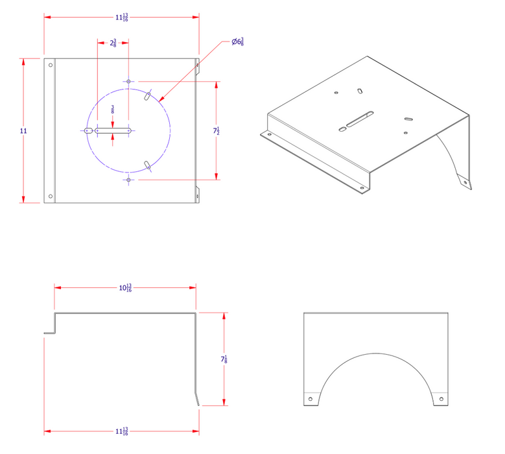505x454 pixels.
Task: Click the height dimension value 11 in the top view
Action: [x=23, y=130]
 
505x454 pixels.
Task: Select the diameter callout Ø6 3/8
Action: [x=237, y=42]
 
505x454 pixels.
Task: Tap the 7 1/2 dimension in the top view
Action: [x=216, y=130]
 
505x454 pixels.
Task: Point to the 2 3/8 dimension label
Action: [x=113, y=43]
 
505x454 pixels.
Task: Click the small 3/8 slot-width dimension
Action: [x=113, y=110]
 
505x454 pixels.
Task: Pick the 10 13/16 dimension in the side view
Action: [x=125, y=287]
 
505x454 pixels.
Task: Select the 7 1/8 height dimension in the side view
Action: [x=224, y=359]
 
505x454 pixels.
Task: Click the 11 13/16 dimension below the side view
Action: [x=121, y=431]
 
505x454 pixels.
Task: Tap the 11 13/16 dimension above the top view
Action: [x=121, y=18]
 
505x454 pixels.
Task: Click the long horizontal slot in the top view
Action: [x=114, y=130]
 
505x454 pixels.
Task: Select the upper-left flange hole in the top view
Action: [x=49, y=64]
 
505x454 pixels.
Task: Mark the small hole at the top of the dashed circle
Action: [x=128, y=82]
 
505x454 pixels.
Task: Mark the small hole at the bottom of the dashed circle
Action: [x=128, y=179]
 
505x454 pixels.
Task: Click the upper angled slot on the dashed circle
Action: [x=149, y=96]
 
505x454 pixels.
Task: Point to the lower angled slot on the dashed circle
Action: [x=148, y=165]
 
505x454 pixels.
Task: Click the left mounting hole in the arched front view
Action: [x=310, y=398]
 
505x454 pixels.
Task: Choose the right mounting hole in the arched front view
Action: [x=442, y=398]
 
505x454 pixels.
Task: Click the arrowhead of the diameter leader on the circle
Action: [x=159, y=99]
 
